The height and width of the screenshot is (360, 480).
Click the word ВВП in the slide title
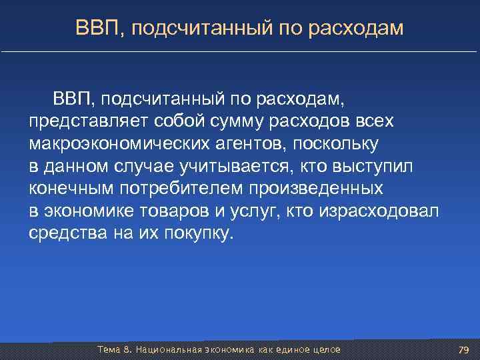93,27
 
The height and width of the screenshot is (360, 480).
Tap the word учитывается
238,166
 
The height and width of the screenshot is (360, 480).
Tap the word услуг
265,211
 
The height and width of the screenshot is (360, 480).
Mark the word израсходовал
379,211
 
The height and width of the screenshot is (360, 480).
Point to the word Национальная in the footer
163,350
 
